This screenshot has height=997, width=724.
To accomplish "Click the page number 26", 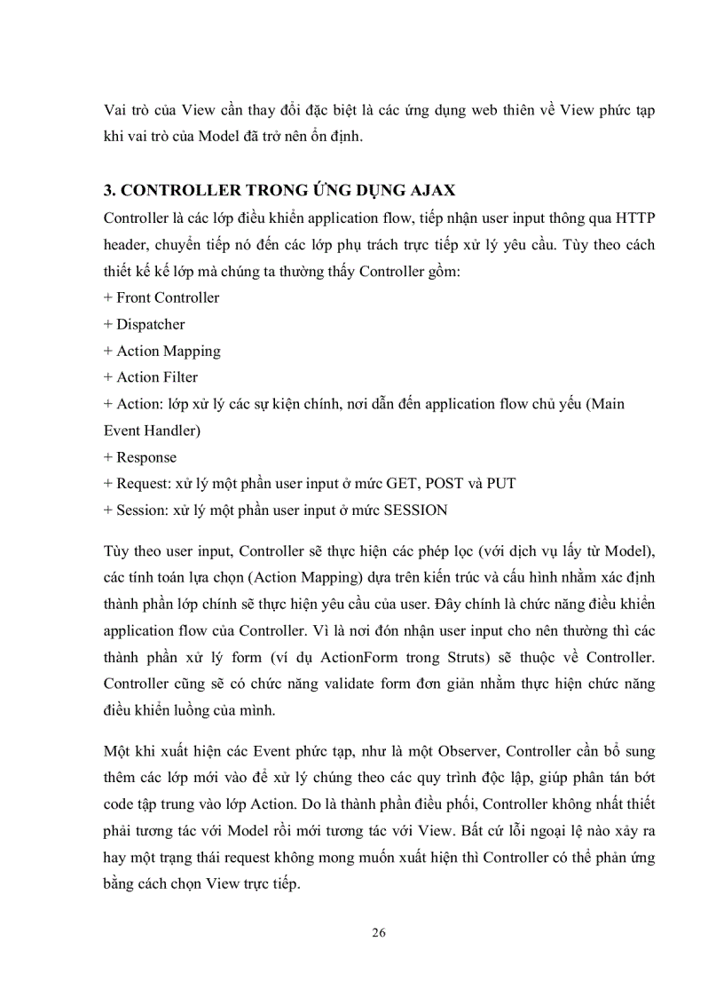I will pos(379,932).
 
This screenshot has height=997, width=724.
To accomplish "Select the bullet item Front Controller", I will pos(161,297).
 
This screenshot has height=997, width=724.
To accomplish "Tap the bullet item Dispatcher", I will pos(145,324).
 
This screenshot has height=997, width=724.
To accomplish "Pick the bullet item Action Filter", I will pos(151,377).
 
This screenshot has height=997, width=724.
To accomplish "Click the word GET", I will pos(402,484).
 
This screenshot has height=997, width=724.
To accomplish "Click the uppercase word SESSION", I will pos(415,510).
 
